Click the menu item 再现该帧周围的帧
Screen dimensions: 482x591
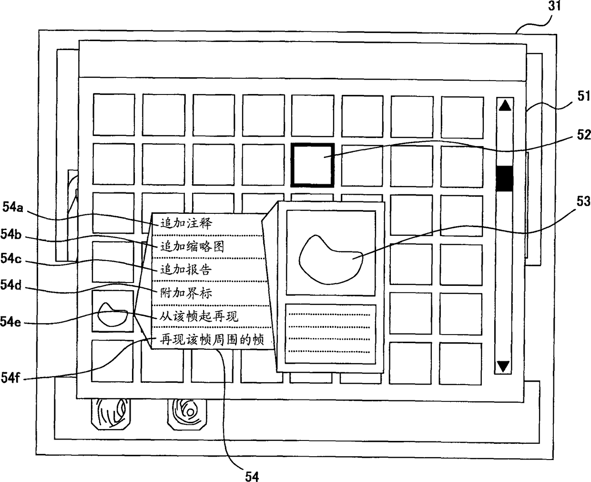coord(212,340)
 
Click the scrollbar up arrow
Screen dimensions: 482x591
coord(504,105)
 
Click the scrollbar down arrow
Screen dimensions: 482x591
coord(504,366)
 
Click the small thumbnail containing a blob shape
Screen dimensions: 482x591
coord(113,312)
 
